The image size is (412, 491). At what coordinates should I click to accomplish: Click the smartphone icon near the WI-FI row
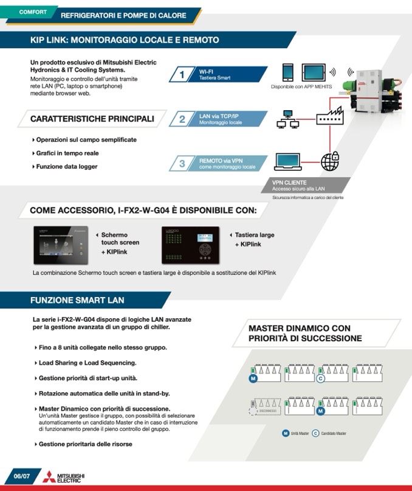click(289, 71)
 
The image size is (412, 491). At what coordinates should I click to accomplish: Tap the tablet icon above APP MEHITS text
click(312, 71)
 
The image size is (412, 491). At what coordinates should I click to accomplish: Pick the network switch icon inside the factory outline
click(329, 118)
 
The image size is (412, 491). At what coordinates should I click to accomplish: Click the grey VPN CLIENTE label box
click(307, 186)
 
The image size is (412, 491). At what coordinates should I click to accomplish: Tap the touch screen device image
click(61, 245)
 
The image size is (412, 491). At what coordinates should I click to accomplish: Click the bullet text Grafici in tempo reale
click(67, 153)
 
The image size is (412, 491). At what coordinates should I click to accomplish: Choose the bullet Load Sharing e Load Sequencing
click(87, 363)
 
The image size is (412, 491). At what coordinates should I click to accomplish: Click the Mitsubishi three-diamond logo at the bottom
click(48, 477)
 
